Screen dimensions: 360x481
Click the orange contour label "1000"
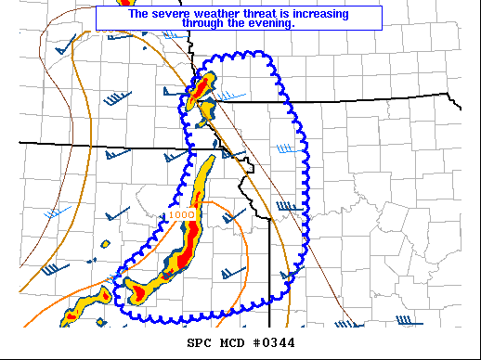(x=181, y=214)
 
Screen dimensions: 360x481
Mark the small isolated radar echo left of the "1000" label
(x=106, y=244)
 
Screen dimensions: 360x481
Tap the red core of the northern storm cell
(x=200, y=89)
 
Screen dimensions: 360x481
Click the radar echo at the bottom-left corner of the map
(x=69, y=318)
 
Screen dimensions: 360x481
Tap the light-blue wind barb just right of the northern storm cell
(x=232, y=96)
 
